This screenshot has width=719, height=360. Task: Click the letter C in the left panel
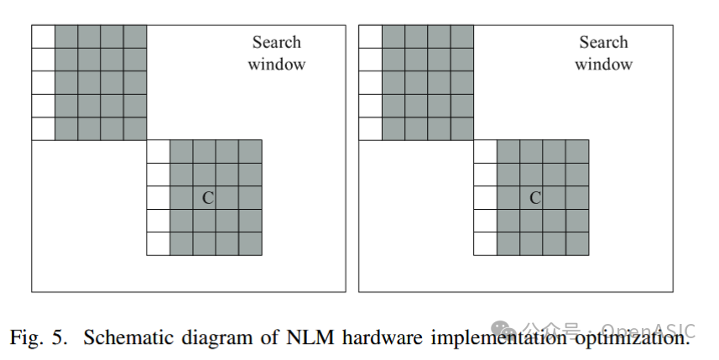[207, 198]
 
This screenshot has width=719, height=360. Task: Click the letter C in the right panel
[534, 198]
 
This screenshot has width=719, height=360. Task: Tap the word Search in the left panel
[276, 43]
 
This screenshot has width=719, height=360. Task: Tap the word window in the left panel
[276, 64]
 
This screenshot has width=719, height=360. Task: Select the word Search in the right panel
[603, 43]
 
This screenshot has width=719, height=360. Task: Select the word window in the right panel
[603, 64]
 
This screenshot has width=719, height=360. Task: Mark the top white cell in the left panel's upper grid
[43, 37]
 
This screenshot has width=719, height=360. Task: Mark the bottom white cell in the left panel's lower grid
[158, 243]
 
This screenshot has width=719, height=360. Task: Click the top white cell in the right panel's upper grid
[370, 37]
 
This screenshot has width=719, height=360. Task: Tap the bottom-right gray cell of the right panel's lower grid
[577, 243]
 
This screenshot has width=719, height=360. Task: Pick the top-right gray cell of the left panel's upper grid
[135, 37]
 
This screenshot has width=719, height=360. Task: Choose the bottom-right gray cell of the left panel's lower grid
[250, 243]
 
